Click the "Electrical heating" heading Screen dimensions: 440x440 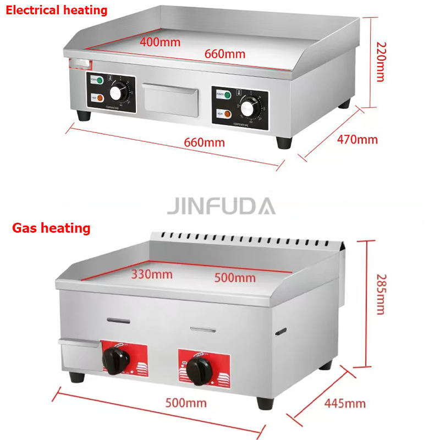click(x=57, y=10)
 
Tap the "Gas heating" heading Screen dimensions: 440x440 click(x=51, y=228)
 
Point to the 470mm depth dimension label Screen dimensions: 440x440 click(x=357, y=139)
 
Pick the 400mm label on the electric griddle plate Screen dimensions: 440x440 click(x=159, y=41)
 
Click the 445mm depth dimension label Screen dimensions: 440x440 click(x=344, y=403)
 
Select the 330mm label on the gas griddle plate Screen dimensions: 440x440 click(x=151, y=274)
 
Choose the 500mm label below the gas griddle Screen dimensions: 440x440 click(x=186, y=403)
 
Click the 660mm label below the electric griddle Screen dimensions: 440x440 click(x=204, y=142)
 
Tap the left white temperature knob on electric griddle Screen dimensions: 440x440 click(x=118, y=93)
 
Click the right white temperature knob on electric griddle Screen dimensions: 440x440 click(x=249, y=108)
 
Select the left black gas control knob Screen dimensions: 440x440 click(x=116, y=361)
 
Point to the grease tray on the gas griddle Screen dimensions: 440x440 click(x=78, y=355)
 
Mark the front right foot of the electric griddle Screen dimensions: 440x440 click(x=284, y=142)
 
